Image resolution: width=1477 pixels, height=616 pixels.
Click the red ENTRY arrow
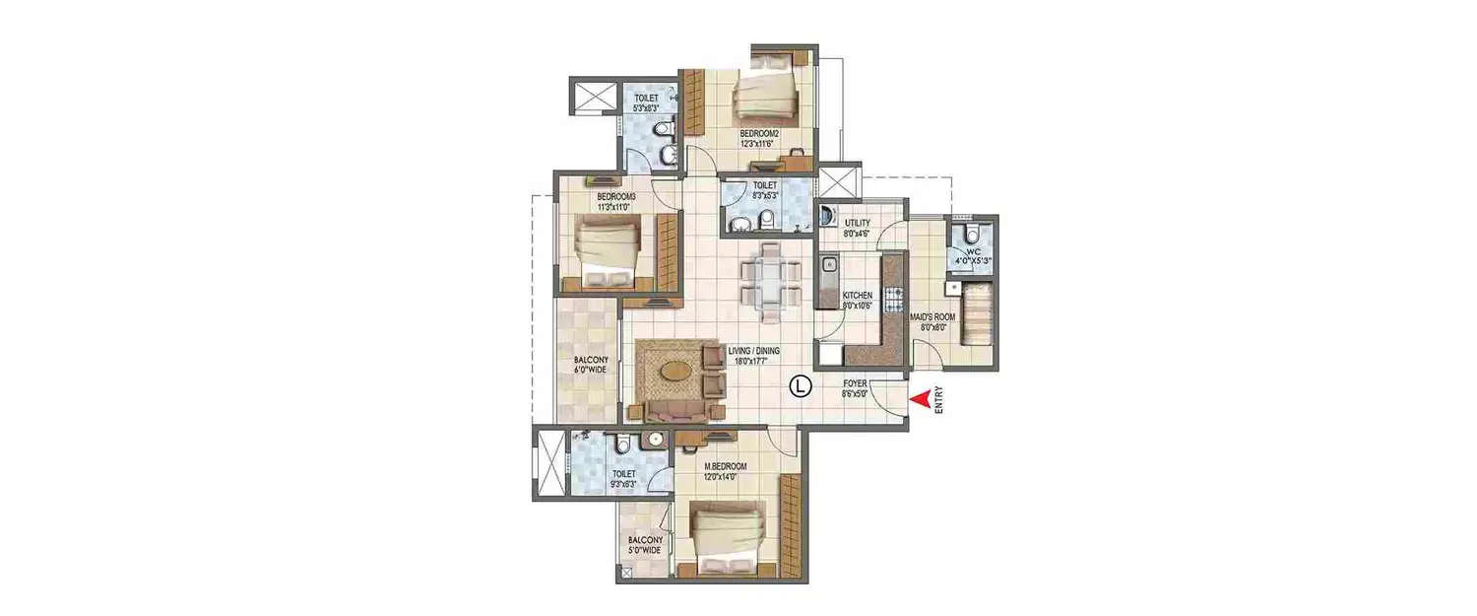point(919,399)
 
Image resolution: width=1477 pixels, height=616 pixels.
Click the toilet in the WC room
point(972,234)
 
